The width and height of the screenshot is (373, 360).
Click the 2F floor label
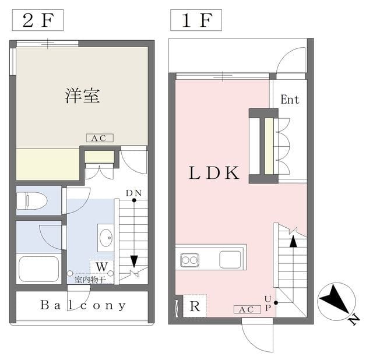pos(37,20)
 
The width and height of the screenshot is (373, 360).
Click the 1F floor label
pos(196,20)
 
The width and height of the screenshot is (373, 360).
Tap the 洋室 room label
pos(82,96)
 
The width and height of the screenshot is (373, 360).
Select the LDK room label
pos(214,173)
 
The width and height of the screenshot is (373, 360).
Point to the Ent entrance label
pos(290,100)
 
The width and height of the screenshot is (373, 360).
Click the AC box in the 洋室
pos(100,138)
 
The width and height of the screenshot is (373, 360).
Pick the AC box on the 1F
pos(247,309)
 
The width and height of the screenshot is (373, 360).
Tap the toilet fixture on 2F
pos(31,201)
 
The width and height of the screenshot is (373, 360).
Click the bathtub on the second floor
pos(38,269)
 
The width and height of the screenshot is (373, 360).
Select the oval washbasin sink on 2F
pos(106,238)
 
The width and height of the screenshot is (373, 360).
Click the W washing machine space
pos(101,267)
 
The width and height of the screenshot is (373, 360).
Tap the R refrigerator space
pos(195,306)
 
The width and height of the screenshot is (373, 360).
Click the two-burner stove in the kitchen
pos(189,260)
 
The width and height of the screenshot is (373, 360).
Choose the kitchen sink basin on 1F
pos(230,259)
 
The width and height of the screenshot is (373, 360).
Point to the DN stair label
pos(133,193)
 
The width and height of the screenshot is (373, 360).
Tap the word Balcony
pos(83,305)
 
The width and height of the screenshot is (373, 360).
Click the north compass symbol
pos(337,302)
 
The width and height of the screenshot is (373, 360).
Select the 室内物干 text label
pos(90,280)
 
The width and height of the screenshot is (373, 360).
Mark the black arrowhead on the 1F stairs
pos(294,241)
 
